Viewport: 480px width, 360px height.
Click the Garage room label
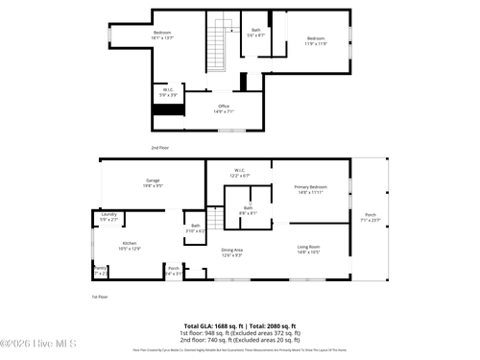click(153, 182)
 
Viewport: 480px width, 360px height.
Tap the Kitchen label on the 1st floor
click(131, 246)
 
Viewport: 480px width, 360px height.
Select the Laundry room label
click(108, 217)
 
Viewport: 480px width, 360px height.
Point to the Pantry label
click(100, 270)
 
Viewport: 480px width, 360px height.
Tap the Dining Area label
click(231, 252)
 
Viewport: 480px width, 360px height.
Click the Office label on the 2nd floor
click(223, 108)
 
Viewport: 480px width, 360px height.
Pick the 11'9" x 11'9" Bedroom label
click(316, 41)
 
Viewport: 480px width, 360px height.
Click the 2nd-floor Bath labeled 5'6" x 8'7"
click(255, 33)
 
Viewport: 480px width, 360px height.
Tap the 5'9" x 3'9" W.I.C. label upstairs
click(167, 92)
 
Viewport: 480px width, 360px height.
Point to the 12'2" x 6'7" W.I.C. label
click(240, 174)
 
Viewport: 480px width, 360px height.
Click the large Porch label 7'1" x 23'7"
click(370, 217)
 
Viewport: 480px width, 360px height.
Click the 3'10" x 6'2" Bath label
click(195, 228)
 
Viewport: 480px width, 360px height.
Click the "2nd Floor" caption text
click(160, 147)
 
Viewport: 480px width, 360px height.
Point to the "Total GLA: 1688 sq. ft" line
click(240, 325)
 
